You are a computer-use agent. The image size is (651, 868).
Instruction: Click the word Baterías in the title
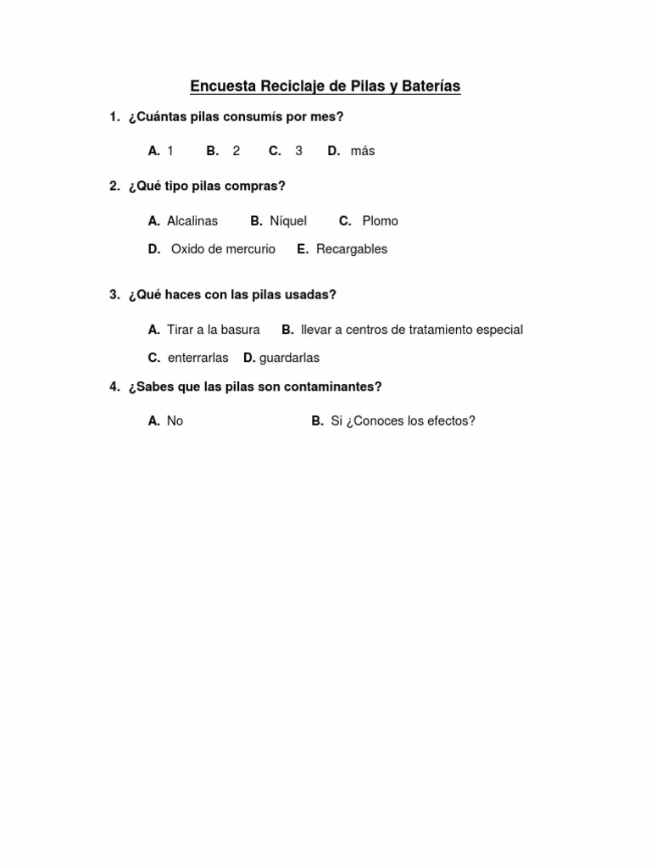click(x=430, y=86)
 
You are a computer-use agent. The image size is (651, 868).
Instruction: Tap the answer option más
click(x=362, y=151)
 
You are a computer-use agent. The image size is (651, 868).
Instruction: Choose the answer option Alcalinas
click(x=192, y=221)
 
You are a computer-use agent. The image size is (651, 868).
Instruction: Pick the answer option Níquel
click(x=288, y=221)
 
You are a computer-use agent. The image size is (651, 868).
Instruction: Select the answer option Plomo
click(x=380, y=221)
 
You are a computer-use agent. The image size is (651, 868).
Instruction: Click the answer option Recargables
click(x=352, y=249)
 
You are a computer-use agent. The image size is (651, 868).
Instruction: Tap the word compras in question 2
click(x=260, y=186)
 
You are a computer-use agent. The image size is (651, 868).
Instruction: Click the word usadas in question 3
click(x=311, y=295)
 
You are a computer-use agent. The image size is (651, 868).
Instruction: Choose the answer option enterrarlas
click(x=198, y=358)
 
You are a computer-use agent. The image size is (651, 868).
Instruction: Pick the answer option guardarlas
click(x=289, y=358)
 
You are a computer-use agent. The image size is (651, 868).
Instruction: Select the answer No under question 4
click(x=175, y=421)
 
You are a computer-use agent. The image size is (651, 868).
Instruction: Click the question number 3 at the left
click(x=114, y=295)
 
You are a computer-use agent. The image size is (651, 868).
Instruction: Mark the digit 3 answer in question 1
click(x=298, y=151)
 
